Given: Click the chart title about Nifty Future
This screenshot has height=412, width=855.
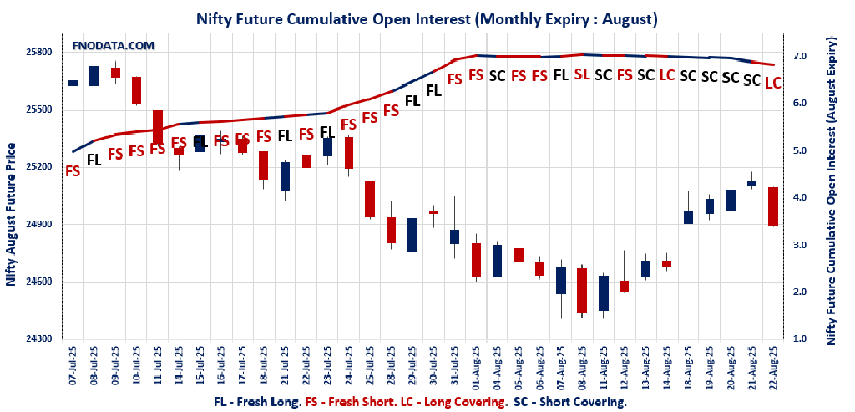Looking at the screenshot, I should [427, 18].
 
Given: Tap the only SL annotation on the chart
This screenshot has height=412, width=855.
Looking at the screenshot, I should [582, 74].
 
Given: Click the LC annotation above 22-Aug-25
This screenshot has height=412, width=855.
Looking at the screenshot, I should [773, 83].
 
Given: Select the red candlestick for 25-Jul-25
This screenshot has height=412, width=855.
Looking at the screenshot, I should [370, 199].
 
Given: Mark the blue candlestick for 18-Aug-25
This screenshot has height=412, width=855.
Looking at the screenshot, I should [689, 217].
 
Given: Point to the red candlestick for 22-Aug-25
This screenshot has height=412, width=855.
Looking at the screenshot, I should [773, 206].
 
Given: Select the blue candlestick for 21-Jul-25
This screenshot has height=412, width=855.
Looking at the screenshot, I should [285, 175].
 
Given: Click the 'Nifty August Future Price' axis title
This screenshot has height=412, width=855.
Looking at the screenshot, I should [11, 215].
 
